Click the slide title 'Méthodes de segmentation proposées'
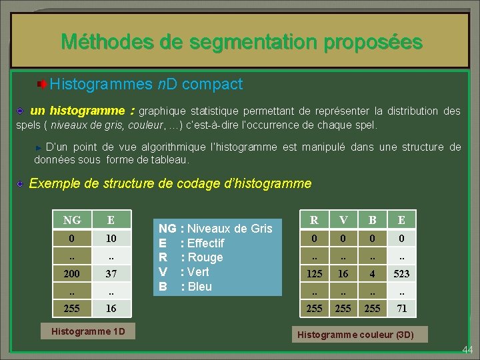[x=241, y=43]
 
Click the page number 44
[x=467, y=349]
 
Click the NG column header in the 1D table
[x=72, y=220]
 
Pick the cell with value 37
[x=111, y=273]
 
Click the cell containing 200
[x=72, y=273]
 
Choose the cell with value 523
[x=401, y=273]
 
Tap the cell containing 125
[x=314, y=273]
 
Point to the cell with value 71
[x=401, y=308]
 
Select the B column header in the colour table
[x=373, y=220]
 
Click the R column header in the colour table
[x=314, y=220]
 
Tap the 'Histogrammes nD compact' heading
[x=145, y=85]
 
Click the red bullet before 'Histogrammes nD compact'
[x=41, y=85]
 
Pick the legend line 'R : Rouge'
[x=191, y=257]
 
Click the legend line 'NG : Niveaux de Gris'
[x=215, y=229]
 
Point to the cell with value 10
[x=111, y=238]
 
